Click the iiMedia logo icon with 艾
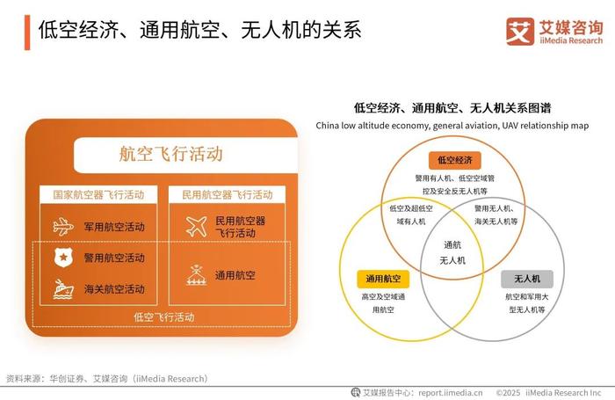[x=520, y=31]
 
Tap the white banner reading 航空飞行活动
[x=185, y=155]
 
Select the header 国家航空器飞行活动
[x=98, y=194]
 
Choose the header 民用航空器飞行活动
[x=227, y=194]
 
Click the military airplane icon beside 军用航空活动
[x=63, y=227]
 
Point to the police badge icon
[x=63, y=258]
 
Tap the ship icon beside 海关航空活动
[x=63, y=289]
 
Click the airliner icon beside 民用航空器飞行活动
[x=197, y=227]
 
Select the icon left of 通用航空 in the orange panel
[x=197, y=275]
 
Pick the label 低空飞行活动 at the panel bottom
[x=164, y=316]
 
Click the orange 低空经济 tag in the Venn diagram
[x=455, y=160]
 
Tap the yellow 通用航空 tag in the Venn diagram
[x=383, y=279]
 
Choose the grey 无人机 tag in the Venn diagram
[x=527, y=279]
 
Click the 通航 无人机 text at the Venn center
[x=452, y=253]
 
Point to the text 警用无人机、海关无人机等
[x=496, y=215]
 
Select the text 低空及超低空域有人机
[x=411, y=215]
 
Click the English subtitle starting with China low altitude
[x=452, y=126]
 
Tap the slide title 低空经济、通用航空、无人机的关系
[x=199, y=30]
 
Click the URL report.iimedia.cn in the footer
[x=450, y=393]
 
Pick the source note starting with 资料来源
[x=107, y=379]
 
